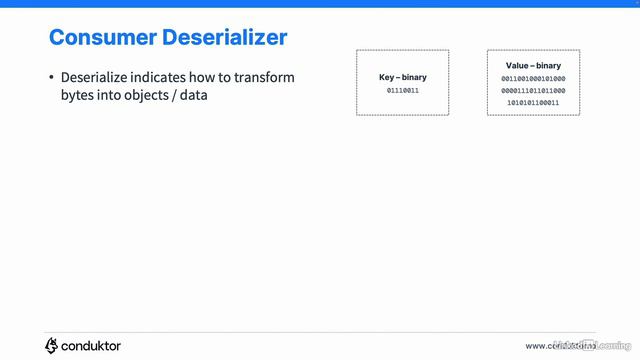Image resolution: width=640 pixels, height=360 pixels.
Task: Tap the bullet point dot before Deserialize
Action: (51, 78)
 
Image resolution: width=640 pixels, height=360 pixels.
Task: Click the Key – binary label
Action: (403, 77)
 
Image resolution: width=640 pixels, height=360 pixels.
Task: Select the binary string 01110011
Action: (403, 91)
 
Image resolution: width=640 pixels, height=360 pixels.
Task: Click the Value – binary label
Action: (533, 66)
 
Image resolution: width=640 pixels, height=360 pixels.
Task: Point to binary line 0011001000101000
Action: (533, 78)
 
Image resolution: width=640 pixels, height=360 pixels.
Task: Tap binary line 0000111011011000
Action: (533, 90)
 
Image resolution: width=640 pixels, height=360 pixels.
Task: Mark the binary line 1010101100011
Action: (533, 102)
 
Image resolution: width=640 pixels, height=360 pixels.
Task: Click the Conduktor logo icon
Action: (52, 345)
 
